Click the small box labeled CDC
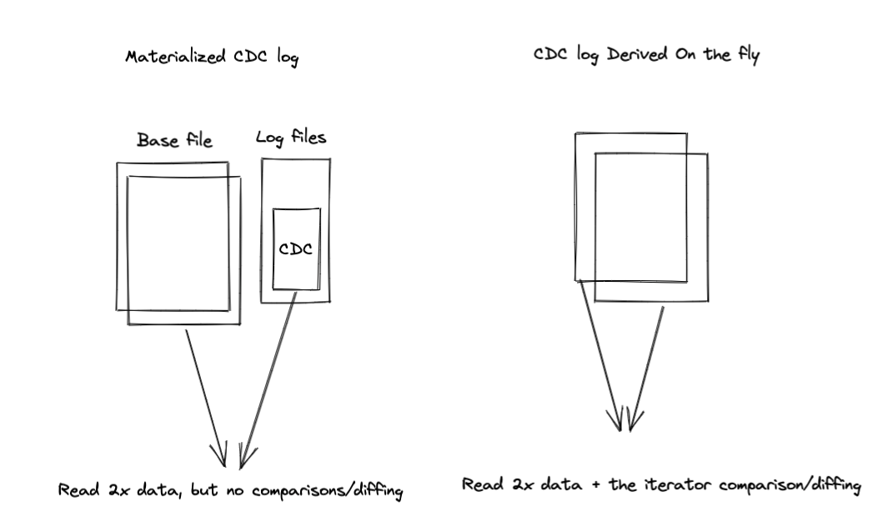pyautogui.click(x=296, y=249)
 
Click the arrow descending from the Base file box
pyautogui.click(x=203, y=395)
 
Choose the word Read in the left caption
pyautogui.click(x=76, y=490)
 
